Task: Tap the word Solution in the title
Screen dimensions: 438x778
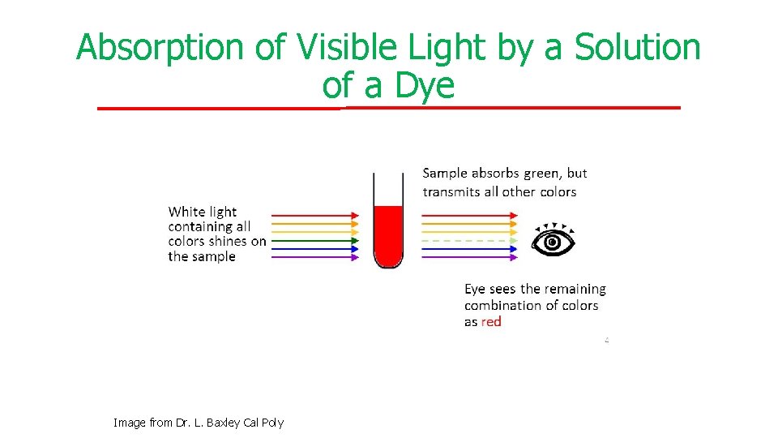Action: coord(638,48)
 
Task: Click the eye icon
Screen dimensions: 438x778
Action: coord(553,240)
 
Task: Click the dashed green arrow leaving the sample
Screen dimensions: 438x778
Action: coord(468,240)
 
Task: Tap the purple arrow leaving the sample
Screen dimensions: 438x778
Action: coord(468,257)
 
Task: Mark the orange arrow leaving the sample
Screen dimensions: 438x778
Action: coord(468,224)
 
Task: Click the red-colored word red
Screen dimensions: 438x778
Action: coord(491,322)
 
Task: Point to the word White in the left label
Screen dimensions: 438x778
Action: coord(186,213)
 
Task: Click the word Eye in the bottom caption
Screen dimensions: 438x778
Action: coord(476,290)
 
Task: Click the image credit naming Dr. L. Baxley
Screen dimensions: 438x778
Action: coord(199,423)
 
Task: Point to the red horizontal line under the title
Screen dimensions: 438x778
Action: coord(389,108)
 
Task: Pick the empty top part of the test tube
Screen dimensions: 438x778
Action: coord(388,188)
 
